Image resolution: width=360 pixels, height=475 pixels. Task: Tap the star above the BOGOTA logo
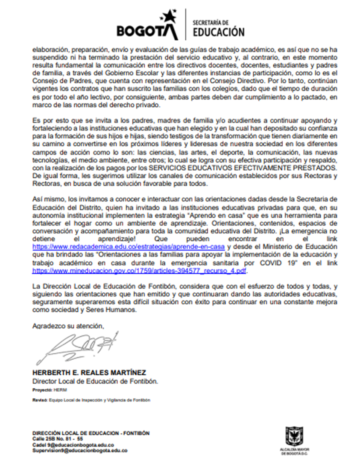167,17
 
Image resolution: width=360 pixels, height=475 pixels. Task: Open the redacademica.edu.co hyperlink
130,247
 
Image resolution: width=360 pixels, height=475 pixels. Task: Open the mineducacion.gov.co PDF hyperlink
140,271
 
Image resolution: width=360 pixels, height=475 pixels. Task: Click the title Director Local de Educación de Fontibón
95,381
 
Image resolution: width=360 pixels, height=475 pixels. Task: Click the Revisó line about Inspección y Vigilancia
91,400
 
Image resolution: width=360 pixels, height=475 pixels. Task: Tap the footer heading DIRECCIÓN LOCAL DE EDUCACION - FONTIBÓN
91,433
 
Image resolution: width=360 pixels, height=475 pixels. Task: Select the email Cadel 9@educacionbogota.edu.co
73,444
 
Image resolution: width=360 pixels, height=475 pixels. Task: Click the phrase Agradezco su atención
68,326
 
